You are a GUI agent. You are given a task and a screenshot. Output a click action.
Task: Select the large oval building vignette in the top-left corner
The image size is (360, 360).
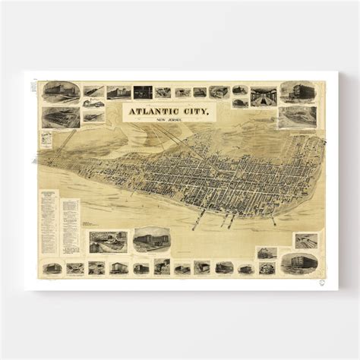click(x=61, y=92)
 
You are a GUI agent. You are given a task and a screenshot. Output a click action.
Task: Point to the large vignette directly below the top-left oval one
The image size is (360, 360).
click(x=61, y=117)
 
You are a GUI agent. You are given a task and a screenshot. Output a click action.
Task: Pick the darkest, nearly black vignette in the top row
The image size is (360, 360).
click(x=143, y=92)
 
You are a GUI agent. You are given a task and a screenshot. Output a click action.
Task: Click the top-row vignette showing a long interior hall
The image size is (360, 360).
click(x=264, y=95)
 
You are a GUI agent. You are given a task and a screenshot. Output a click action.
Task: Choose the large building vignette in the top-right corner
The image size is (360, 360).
click(x=297, y=92)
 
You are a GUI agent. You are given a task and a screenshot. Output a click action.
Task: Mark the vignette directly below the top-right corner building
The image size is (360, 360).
click(x=297, y=116)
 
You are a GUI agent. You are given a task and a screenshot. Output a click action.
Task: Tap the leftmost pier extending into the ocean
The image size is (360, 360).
click(x=197, y=223)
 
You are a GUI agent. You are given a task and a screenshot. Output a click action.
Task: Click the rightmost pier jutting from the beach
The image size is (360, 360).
click(x=271, y=219)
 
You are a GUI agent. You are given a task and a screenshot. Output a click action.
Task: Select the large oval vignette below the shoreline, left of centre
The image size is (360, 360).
click(x=151, y=239)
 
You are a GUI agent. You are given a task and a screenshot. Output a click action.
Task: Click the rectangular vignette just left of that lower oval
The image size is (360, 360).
click(x=108, y=242)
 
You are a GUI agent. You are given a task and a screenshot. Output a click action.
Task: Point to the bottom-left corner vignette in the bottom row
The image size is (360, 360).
click(x=52, y=268)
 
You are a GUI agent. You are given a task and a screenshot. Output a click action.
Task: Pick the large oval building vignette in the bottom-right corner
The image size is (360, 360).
click(x=298, y=263)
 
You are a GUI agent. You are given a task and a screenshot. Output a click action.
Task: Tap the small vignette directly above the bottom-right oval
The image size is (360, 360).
click(x=305, y=240)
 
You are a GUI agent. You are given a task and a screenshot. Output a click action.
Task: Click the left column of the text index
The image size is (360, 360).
click(x=50, y=225)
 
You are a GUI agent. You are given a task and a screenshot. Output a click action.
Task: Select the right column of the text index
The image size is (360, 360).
click(x=70, y=227)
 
